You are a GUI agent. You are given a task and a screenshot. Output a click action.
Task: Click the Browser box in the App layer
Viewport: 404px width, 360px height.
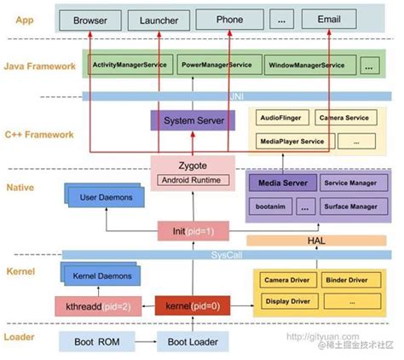89,19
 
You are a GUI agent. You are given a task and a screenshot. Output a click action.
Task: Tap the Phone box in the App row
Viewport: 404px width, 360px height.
229,19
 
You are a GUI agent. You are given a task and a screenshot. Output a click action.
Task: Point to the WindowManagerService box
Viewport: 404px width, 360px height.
306,65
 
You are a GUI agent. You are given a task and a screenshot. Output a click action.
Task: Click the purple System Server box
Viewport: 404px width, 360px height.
193,122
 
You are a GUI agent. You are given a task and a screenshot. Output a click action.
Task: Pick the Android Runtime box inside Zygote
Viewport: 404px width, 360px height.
193,180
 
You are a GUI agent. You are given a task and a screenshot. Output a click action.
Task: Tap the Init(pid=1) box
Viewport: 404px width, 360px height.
192,230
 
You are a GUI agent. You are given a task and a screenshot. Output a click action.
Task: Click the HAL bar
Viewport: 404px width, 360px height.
316,241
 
